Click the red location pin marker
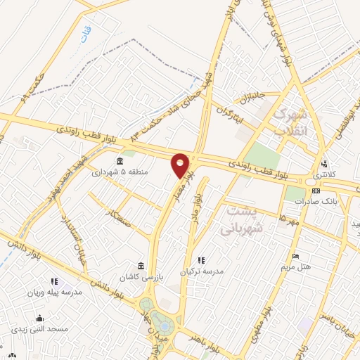tap(181, 166)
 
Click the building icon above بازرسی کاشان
tap(141, 266)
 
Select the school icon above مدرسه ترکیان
tap(202, 261)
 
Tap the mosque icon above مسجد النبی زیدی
tap(40, 318)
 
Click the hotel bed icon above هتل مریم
tap(295, 256)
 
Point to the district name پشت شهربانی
tap(240, 219)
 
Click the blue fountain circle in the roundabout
tap(164, 327)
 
